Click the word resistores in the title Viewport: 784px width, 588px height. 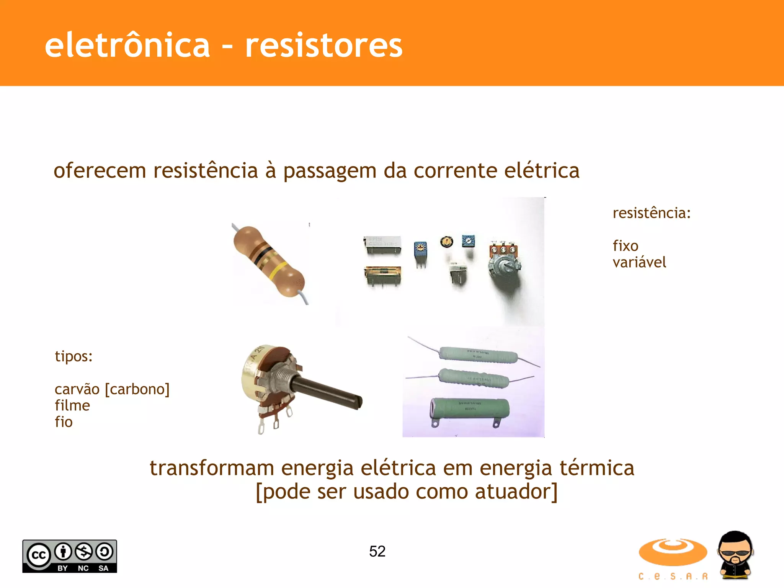(x=323, y=46)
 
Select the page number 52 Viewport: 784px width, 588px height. (x=377, y=551)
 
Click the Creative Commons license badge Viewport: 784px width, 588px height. (x=70, y=556)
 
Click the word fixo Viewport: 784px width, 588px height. (x=625, y=246)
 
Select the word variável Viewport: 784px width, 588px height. (x=639, y=263)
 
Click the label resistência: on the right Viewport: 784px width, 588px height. (x=652, y=213)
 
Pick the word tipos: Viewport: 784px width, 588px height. (x=73, y=356)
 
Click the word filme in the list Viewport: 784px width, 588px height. (x=72, y=405)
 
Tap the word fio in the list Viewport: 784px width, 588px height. (x=64, y=422)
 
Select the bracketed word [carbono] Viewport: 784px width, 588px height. (x=137, y=389)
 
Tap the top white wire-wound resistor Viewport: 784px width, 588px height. (x=478, y=354)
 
